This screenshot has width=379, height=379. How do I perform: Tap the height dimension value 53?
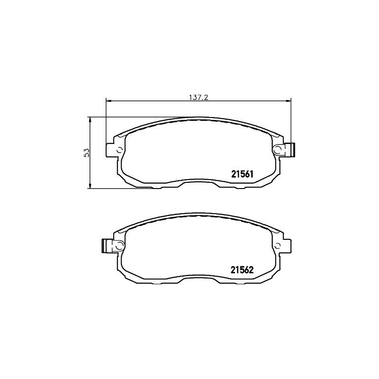(86, 153)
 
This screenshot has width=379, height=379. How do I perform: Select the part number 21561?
(243, 174)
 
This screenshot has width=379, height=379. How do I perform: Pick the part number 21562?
(243, 270)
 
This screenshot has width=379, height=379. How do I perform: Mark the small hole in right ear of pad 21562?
(277, 245)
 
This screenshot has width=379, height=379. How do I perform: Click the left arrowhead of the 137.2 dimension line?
(108, 100)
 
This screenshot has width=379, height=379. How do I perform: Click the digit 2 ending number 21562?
(253, 270)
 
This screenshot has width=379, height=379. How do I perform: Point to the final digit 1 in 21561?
(253, 174)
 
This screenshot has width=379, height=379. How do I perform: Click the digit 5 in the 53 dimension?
(86, 155)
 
